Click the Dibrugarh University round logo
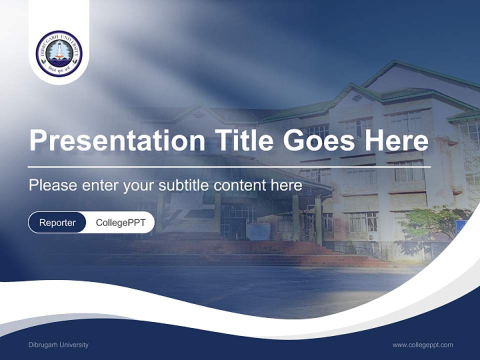pyautogui.click(x=59, y=53)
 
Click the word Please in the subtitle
pyautogui.click(x=52, y=185)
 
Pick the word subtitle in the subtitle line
pyautogui.click(x=184, y=185)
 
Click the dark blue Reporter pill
pyautogui.click(x=57, y=222)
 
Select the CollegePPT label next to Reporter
pyautogui.click(x=120, y=222)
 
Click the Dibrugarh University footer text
pyautogui.click(x=58, y=345)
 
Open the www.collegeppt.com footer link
pyautogui.click(x=422, y=345)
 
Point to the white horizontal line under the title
pyautogui.click(x=229, y=167)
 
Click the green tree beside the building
pyautogui.click(x=430, y=225)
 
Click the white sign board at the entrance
pyautogui.click(x=258, y=231)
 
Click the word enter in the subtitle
pyautogui.click(x=99, y=185)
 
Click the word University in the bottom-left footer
pyautogui.click(x=73, y=345)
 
